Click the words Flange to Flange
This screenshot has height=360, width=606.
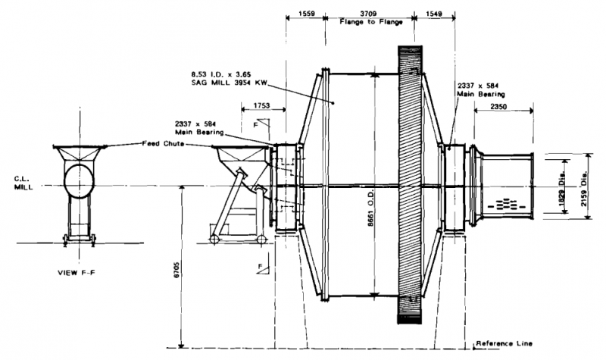(369, 22)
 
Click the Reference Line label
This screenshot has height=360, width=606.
(504, 344)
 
